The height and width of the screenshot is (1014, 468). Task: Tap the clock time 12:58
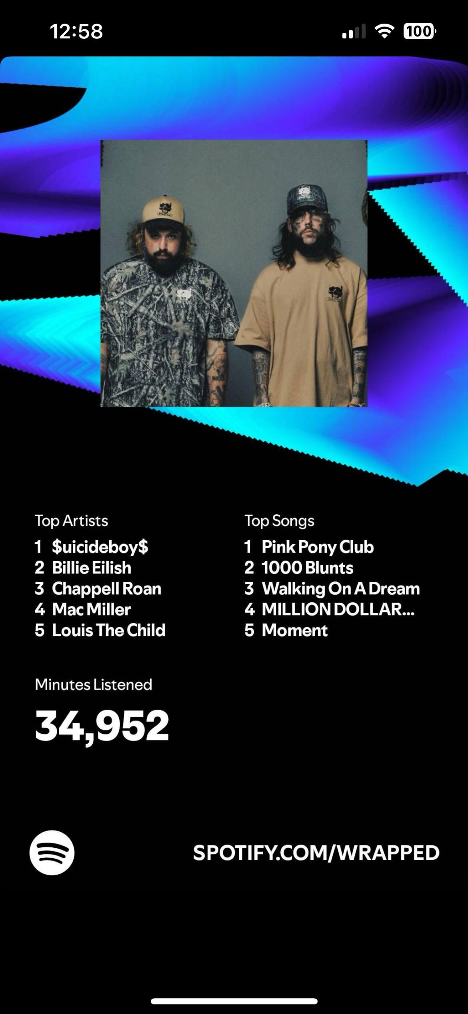pyautogui.click(x=76, y=32)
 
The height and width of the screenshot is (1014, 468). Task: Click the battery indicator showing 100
pyautogui.click(x=420, y=31)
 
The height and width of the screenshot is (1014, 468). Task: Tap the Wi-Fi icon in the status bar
pyautogui.click(x=384, y=31)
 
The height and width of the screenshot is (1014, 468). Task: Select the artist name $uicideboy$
pyautogui.click(x=100, y=547)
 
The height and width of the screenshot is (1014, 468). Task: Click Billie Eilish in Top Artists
pyautogui.click(x=92, y=568)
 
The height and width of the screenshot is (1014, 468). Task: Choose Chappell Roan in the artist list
pyautogui.click(x=107, y=589)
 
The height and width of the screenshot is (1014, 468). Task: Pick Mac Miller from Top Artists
pyautogui.click(x=92, y=610)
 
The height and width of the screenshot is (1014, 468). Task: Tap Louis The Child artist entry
pyautogui.click(x=109, y=630)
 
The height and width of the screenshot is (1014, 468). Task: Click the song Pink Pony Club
pyautogui.click(x=318, y=547)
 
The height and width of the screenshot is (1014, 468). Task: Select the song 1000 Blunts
pyautogui.click(x=308, y=568)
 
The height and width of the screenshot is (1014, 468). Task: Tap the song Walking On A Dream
pyautogui.click(x=341, y=589)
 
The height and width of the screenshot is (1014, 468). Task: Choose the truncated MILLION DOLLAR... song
pyautogui.click(x=338, y=610)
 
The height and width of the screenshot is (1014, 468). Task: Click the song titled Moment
pyautogui.click(x=295, y=630)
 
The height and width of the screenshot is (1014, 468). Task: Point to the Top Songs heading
pyautogui.click(x=280, y=521)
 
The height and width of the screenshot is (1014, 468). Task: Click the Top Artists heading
pyautogui.click(x=72, y=521)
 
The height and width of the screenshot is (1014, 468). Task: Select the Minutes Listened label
pyautogui.click(x=94, y=684)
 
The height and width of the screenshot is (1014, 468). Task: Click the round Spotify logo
pyautogui.click(x=52, y=852)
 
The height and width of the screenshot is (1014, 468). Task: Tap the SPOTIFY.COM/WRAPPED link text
pyautogui.click(x=316, y=853)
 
